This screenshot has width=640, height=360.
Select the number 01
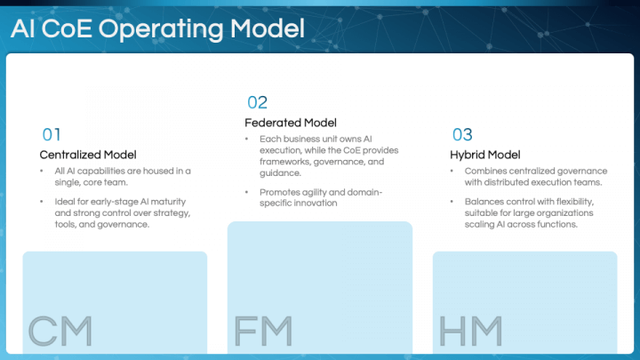[52, 135]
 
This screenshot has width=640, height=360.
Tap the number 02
[257, 102]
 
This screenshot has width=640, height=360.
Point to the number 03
[462, 135]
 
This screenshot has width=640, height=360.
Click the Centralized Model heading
[87, 155]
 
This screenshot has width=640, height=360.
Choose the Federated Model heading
[291, 123]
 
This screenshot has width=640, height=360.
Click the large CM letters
[60, 330]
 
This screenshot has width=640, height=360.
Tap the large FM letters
[263, 330]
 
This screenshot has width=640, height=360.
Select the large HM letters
[470, 330]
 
